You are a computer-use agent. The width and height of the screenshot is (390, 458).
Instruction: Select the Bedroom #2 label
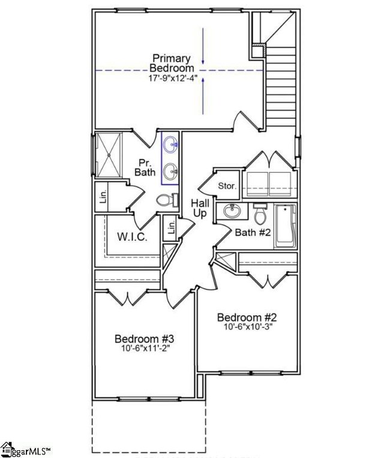pyautogui.click(x=247, y=318)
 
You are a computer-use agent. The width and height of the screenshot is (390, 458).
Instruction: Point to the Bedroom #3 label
pyautogui.click(x=144, y=338)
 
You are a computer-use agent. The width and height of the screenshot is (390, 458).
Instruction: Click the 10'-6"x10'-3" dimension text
pyautogui.click(x=247, y=327)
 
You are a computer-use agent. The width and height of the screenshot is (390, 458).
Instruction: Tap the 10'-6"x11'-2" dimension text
pyautogui.click(x=144, y=348)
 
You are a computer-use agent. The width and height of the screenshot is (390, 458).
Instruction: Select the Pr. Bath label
pyautogui.click(x=145, y=167)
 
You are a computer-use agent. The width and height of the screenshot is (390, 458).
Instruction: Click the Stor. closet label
pyautogui.click(x=227, y=186)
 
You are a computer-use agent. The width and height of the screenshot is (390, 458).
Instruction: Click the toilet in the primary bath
pyautogui.click(x=166, y=200)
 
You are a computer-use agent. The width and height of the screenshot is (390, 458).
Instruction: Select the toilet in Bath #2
pyautogui.click(x=260, y=213)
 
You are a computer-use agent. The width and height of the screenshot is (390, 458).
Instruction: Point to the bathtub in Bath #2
pyautogui.click(x=285, y=226)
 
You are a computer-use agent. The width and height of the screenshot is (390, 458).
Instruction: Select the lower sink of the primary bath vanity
pyautogui.click(x=171, y=170)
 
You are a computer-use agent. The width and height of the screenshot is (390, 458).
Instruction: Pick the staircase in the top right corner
pyautogui.click(x=280, y=84)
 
